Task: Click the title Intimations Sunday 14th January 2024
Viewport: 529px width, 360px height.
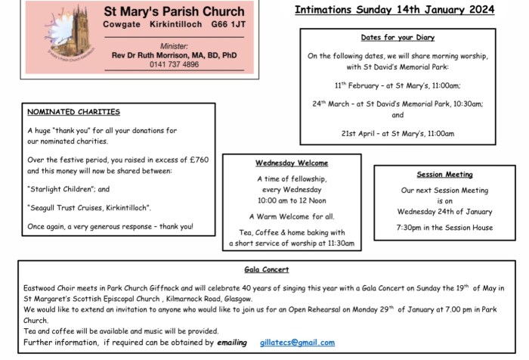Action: pos(394,10)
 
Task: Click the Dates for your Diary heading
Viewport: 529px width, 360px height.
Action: pos(397,38)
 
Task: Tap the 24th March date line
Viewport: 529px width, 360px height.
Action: pos(397,104)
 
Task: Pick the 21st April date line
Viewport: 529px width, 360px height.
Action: pos(397,133)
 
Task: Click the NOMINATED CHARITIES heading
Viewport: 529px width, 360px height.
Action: pos(73,112)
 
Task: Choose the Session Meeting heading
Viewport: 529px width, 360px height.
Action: pos(444,175)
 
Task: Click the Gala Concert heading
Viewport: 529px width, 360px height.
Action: pos(266,269)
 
